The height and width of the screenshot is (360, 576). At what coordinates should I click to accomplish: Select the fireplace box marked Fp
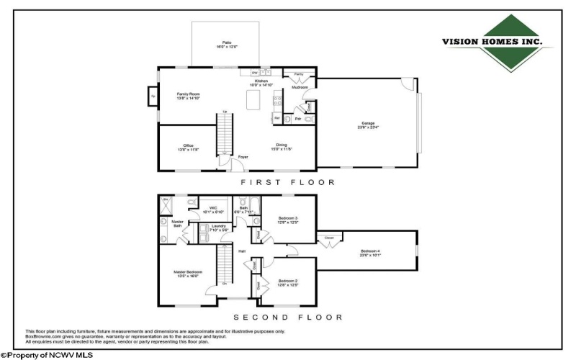coord(153,96)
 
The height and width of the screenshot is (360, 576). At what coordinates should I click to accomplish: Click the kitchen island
coord(253,99)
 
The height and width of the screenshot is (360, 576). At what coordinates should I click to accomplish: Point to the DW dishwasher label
coord(255,72)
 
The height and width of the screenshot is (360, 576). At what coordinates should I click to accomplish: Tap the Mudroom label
coord(300,86)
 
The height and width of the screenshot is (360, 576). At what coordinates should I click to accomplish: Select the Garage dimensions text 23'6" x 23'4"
coord(367,127)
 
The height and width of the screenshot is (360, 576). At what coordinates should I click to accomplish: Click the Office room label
coord(188,145)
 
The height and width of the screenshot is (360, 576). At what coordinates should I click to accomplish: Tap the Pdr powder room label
coord(297,119)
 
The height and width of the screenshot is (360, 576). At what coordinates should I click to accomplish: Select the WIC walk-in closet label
coord(213,208)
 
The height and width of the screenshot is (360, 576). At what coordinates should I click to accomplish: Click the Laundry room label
coord(218,226)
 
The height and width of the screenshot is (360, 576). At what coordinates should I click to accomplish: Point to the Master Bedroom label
coord(188,271)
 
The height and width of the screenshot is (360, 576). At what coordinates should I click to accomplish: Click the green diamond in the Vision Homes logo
coord(495,43)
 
